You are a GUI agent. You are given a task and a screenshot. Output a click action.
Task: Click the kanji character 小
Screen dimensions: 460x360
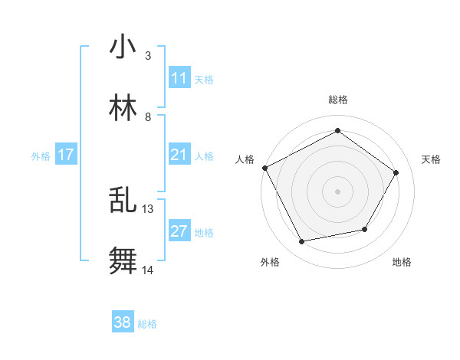[123, 47]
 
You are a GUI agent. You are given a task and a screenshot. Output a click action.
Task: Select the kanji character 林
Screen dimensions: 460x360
[123, 108]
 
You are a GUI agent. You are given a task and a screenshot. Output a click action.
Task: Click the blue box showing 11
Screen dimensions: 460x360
[179, 78]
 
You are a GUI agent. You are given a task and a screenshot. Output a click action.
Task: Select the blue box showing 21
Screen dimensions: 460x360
[179, 155]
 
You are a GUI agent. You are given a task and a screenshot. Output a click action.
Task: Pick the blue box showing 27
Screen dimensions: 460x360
[179, 231]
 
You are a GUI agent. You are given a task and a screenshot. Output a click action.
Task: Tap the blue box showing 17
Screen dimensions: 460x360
[66, 155]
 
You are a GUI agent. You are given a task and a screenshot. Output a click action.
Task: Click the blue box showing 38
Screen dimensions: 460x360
[122, 322]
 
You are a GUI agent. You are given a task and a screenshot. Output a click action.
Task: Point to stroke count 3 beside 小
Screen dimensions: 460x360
[148, 56]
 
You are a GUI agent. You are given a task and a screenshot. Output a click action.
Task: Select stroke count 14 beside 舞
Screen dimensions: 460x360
[148, 270]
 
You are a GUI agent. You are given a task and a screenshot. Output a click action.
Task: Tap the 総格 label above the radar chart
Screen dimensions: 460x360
[338, 100]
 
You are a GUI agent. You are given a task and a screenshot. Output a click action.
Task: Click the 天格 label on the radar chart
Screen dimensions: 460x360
[432, 159]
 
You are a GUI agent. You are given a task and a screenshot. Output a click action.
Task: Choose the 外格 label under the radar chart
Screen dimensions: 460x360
[270, 262]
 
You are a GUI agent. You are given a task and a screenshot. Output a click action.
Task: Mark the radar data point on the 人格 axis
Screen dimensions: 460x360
[264, 168]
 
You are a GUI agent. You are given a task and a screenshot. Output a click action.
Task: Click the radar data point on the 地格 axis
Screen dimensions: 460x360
[365, 229]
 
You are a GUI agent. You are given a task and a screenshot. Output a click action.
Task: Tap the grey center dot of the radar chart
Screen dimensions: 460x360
[338, 191]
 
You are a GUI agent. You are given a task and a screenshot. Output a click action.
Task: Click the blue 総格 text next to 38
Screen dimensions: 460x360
[147, 324]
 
